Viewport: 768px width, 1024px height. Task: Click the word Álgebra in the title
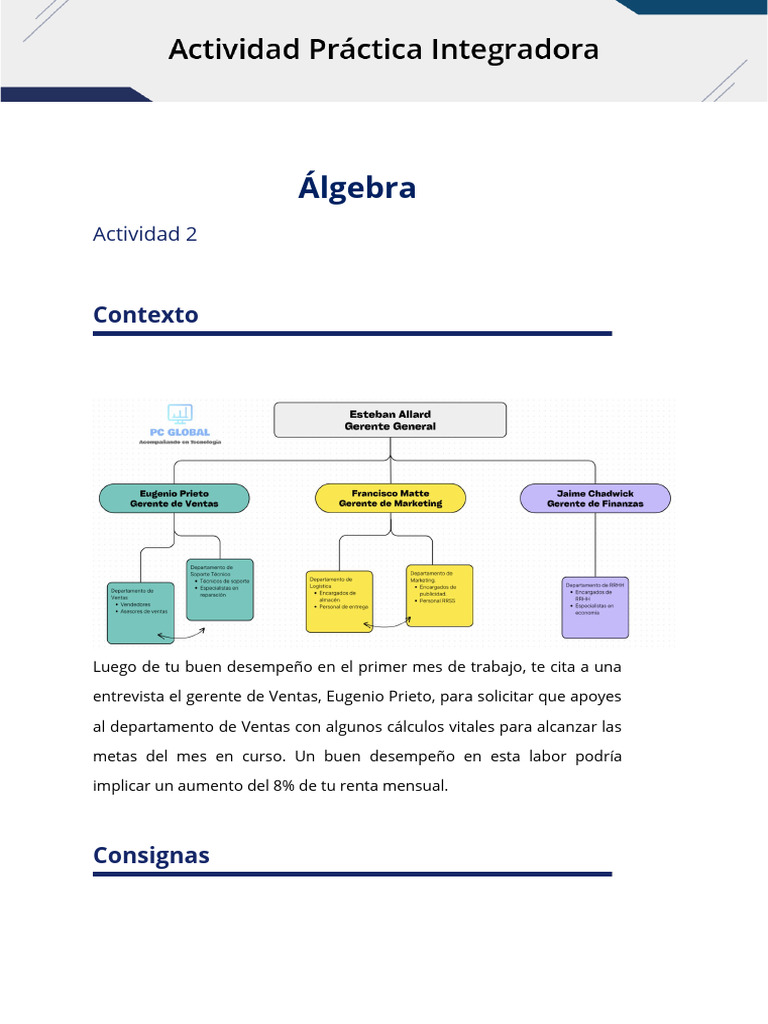point(356,187)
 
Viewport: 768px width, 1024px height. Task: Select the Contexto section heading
point(145,315)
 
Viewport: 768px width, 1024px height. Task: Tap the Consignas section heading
point(151,855)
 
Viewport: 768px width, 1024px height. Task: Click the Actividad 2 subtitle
point(145,234)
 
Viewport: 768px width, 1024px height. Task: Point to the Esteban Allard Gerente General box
point(390,420)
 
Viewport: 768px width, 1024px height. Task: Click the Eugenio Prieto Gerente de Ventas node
point(174,498)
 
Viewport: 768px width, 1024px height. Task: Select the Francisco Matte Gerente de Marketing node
point(390,498)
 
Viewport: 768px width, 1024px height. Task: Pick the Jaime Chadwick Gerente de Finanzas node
point(595,498)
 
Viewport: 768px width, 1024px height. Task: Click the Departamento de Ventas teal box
point(140,612)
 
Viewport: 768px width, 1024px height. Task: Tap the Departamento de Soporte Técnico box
point(220,590)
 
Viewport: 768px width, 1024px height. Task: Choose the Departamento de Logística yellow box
point(339,602)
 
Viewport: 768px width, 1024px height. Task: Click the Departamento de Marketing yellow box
point(440,596)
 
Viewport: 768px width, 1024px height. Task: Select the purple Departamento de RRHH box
point(596,608)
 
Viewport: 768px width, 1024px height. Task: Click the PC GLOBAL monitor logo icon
point(180,412)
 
